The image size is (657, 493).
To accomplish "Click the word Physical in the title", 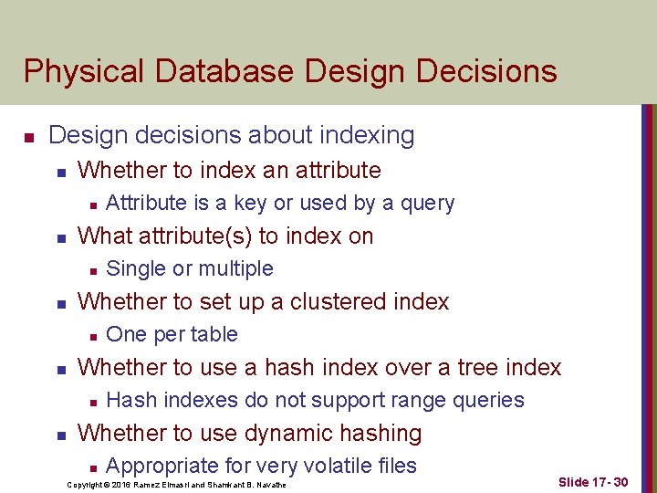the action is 84,71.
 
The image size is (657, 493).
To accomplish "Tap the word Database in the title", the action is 224,70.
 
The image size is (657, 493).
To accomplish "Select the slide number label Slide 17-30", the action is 593,482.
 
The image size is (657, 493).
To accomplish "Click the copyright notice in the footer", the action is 176,485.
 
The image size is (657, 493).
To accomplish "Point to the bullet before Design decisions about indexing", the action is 29,138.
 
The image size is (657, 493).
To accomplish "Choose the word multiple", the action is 236,269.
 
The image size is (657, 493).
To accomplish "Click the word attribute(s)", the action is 195,236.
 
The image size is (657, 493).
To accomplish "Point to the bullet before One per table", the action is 93,337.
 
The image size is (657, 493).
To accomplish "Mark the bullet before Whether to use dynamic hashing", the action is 62,436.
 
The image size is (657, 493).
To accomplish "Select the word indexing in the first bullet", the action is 367,136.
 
